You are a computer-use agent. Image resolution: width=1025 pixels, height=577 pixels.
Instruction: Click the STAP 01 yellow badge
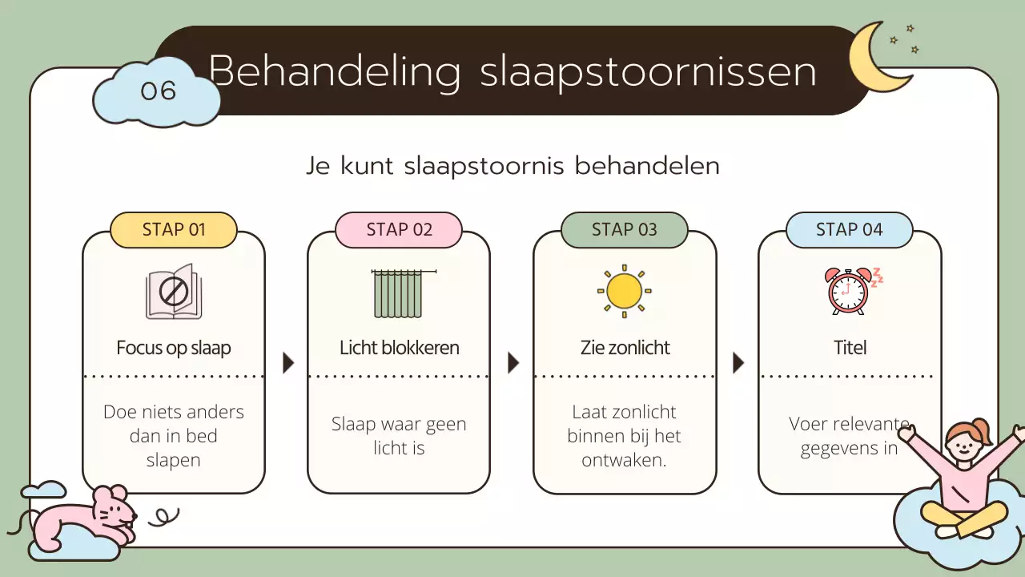point(174,230)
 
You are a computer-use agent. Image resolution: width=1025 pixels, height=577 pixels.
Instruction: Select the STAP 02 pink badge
point(399,230)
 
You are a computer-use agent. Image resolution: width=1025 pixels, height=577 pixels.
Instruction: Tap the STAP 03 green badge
point(624,230)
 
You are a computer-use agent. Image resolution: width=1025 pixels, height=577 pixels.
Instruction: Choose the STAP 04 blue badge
point(849,230)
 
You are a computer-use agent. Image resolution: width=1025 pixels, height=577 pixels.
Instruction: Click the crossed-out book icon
point(174,292)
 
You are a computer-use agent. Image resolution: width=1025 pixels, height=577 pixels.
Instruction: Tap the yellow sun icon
point(624,290)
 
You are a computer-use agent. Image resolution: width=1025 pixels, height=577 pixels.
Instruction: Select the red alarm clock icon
point(849,291)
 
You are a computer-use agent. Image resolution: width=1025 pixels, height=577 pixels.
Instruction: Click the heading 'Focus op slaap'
point(174,348)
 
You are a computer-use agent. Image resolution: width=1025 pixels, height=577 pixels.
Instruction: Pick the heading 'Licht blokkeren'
point(399,348)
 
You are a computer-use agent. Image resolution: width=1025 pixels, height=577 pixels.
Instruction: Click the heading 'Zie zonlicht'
point(625,348)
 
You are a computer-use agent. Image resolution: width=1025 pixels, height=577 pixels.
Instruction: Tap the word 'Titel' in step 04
point(850,348)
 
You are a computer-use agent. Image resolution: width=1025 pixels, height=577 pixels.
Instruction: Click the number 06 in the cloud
point(158,91)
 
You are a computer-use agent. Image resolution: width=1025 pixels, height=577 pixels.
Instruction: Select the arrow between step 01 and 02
point(288,363)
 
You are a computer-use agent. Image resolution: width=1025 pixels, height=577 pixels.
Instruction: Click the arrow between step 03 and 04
point(738,363)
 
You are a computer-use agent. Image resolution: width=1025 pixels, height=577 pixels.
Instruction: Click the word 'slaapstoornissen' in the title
point(648,72)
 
